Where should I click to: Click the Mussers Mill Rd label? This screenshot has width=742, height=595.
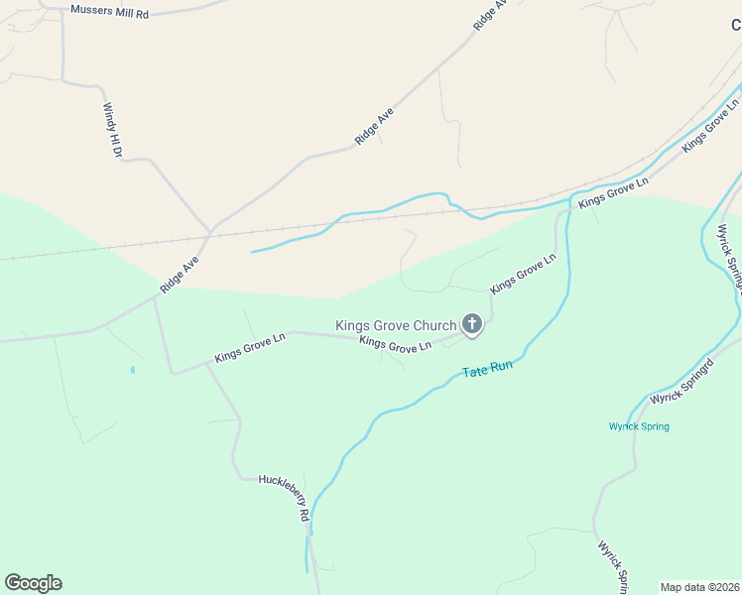click(109, 12)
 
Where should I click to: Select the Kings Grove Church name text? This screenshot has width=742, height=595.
click(395, 325)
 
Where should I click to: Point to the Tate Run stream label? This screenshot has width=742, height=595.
click(487, 368)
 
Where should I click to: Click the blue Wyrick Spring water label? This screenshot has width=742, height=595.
click(639, 426)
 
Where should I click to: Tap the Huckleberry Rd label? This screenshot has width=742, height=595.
click(286, 497)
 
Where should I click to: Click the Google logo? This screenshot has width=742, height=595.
click(33, 583)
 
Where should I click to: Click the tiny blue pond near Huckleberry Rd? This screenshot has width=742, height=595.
click(132, 370)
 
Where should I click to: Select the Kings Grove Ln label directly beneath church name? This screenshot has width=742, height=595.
click(395, 345)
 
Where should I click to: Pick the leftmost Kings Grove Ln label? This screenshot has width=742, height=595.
click(250, 348)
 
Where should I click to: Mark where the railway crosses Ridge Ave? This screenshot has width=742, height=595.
click(207, 236)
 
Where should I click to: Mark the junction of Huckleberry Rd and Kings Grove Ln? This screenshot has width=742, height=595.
click(206, 364)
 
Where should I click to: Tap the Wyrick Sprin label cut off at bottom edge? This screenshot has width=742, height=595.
click(612, 567)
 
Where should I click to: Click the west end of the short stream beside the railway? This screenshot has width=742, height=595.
click(252, 252)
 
